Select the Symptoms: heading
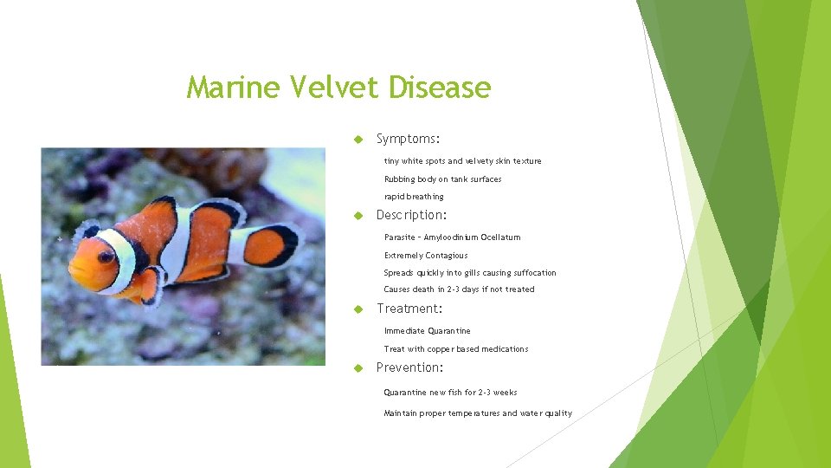click(408, 139)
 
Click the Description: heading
click(411, 215)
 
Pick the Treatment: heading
click(409, 309)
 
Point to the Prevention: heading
click(410, 367)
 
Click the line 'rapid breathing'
click(414, 197)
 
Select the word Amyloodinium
click(454, 237)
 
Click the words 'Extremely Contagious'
click(426, 256)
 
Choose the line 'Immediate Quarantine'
click(428, 331)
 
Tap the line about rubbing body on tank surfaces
click(442, 179)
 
